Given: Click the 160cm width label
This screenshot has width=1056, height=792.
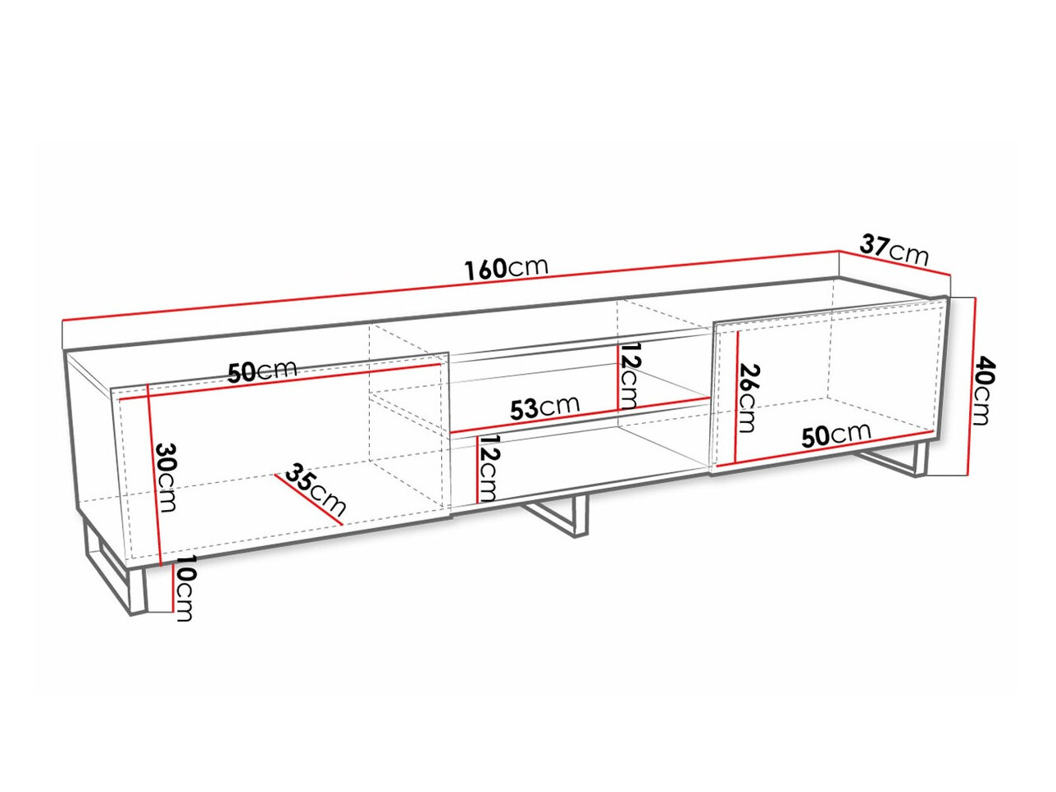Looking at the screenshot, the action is (506, 269).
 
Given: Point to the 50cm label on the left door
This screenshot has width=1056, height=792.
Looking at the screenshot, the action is (262, 371).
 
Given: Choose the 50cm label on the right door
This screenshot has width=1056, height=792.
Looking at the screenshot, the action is (836, 435).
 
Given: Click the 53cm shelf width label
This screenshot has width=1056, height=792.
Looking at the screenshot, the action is (544, 407).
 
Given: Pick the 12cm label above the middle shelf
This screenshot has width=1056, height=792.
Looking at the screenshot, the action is (628, 376).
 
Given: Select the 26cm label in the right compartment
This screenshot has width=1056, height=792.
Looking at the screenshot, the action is (747, 398).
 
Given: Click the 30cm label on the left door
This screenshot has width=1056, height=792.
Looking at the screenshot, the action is (166, 477).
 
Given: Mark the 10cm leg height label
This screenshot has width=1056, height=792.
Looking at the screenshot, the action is (184, 589).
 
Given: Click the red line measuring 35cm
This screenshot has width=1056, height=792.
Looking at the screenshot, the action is (308, 499).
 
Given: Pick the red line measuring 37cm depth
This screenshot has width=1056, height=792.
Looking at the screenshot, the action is (894, 262).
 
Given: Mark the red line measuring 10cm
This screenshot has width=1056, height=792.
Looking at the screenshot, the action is (172, 588).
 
